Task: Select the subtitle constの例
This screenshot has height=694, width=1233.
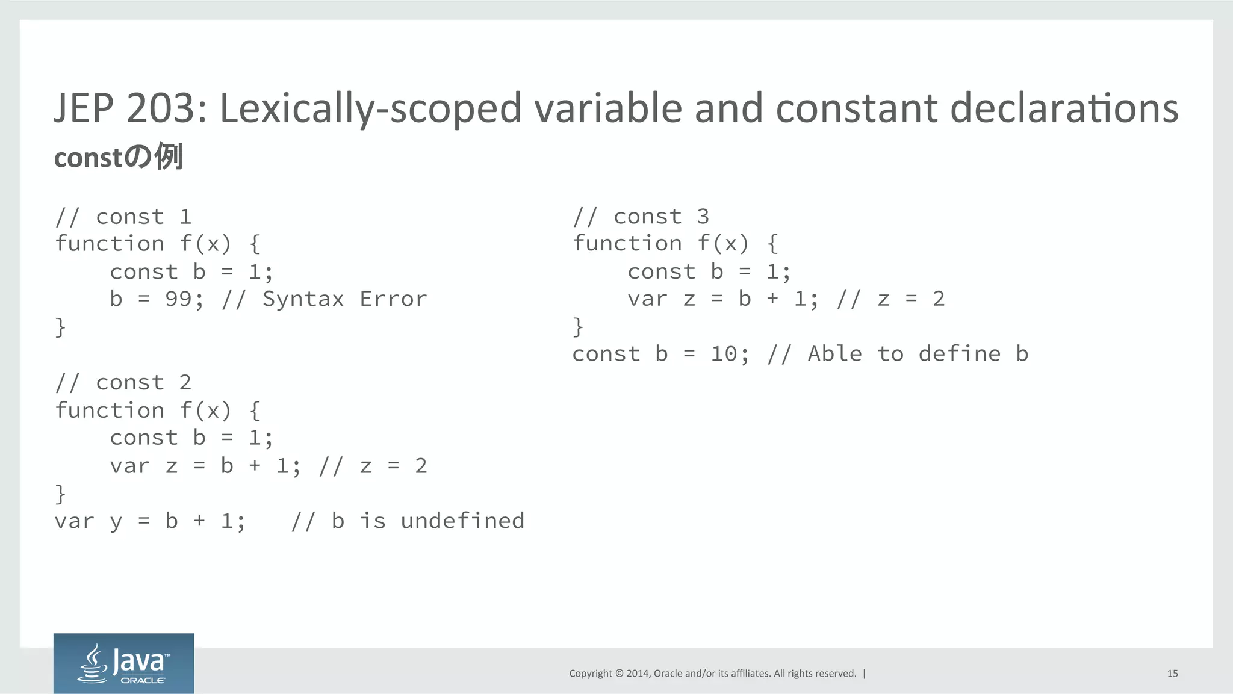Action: click(x=118, y=157)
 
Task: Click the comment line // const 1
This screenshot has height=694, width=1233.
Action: click(x=123, y=217)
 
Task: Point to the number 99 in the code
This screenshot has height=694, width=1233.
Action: click(x=178, y=299)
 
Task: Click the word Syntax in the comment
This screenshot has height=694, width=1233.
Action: click(x=303, y=299)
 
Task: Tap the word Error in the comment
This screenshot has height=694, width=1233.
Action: click(x=393, y=299)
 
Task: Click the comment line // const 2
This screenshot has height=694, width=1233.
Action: click(x=123, y=383)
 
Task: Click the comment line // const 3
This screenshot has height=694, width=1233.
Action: click(x=641, y=217)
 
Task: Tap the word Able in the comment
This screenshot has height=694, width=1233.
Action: click(x=834, y=354)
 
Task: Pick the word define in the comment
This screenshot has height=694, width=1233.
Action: click(x=959, y=354)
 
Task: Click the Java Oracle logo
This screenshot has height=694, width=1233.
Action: click(x=123, y=663)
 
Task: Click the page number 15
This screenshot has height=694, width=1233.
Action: click(x=1172, y=674)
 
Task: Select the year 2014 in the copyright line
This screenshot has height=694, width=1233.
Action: click(x=637, y=674)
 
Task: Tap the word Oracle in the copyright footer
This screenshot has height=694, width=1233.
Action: click(x=668, y=674)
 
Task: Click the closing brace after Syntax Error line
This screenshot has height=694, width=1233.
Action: click(x=60, y=327)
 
